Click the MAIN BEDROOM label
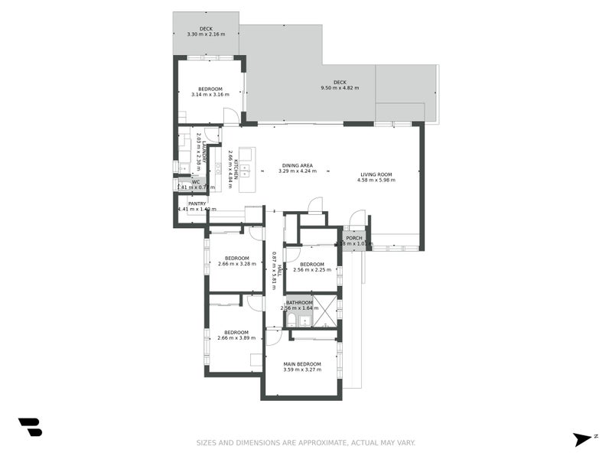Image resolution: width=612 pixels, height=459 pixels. (302, 363)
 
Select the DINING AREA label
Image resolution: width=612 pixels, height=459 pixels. (297, 165)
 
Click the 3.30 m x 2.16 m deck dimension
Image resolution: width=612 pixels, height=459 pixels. (206, 34)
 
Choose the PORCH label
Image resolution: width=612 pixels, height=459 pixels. (354, 238)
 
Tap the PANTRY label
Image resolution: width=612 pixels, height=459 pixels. (197, 203)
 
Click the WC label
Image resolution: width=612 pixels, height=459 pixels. (196, 182)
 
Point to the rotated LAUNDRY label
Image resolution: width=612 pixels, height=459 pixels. (204, 150)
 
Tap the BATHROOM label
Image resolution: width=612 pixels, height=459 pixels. (299, 302)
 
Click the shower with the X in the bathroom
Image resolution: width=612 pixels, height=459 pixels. (326, 312)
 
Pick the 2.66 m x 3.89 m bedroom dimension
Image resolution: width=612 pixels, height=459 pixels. (233, 337)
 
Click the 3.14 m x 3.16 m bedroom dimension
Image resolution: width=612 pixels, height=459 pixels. (210, 95)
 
